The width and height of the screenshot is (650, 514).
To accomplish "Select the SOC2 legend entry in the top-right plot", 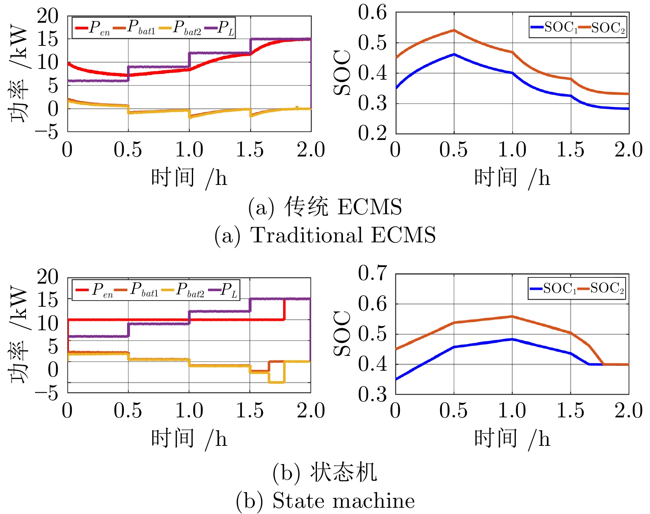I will pos(603,28).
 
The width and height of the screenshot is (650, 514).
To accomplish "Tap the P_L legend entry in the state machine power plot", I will pos(225,290).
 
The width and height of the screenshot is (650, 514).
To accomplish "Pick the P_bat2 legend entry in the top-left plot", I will pos(182,28).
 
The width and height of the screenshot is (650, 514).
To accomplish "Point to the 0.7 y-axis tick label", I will pos(373,273).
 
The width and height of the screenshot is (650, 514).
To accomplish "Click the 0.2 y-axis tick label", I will pos(373,133).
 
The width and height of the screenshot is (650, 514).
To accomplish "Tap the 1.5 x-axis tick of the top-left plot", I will pos(250,150).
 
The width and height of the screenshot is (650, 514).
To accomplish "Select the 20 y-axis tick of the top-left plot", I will pos(48,17).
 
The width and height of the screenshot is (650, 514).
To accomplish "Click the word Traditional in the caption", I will pos(305,235).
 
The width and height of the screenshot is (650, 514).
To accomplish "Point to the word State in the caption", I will pos(297,501).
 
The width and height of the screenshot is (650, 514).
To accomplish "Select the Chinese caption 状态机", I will pos(343,472).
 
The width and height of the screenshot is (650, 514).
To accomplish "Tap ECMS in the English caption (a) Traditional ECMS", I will pos(403,235).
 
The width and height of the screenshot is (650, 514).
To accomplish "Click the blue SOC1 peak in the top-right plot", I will pos(454,54).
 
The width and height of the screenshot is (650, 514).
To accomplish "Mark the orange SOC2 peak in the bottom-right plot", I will pos(512,317).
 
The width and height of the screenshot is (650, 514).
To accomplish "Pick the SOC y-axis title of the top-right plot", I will pos(342,73).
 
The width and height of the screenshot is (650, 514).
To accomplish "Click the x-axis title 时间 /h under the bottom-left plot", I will pos(189,438).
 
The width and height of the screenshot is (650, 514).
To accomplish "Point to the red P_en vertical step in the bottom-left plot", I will pos(284,309).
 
